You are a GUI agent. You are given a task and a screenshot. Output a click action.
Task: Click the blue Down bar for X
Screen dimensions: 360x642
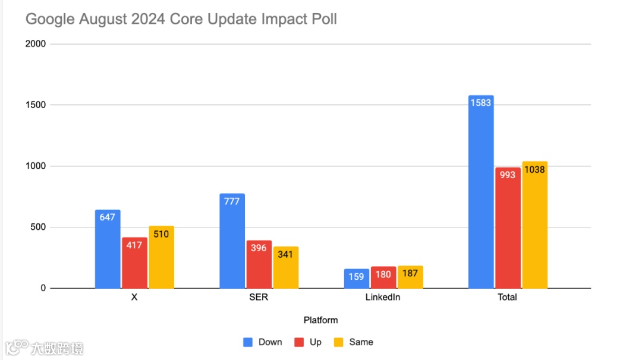point(108,250)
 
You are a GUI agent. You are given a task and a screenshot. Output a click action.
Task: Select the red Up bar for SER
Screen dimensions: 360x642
point(259,265)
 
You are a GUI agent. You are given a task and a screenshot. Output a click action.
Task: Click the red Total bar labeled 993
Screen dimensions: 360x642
point(508,228)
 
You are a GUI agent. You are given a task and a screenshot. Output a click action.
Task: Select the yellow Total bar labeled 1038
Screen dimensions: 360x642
point(534,225)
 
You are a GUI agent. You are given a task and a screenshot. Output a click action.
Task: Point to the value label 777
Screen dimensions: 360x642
point(232,201)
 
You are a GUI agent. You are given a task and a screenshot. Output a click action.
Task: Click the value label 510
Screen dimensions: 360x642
point(161,234)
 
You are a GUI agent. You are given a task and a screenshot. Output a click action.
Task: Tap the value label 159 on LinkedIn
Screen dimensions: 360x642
point(356,276)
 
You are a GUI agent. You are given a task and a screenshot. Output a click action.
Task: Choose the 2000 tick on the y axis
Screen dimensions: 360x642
point(35,44)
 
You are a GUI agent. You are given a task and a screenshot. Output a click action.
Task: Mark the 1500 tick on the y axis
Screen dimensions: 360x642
point(35,105)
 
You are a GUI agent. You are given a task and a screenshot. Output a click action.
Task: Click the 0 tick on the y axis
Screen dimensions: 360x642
point(43,288)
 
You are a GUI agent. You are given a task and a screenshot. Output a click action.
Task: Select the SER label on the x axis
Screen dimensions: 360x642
point(259,297)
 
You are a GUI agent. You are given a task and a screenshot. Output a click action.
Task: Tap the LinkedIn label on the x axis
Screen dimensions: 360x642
point(383,297)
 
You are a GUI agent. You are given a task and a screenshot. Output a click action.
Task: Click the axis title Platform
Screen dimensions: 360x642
point(320,320)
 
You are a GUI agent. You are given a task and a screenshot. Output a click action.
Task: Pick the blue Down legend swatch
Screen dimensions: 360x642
point(248,342)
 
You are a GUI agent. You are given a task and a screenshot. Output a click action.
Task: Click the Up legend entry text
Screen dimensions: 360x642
point(316,342)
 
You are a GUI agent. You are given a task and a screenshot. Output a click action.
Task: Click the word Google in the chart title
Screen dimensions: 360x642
point(50,19)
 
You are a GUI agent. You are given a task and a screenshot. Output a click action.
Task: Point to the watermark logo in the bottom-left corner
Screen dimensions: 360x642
point(16,347)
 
